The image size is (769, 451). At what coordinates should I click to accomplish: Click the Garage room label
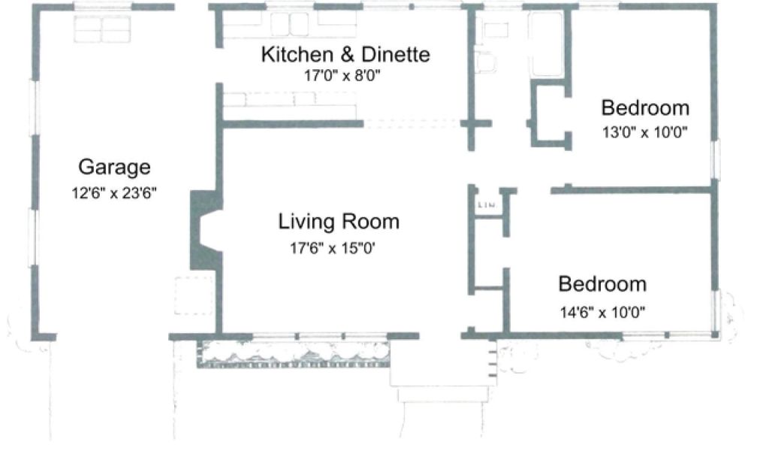click(114, 168)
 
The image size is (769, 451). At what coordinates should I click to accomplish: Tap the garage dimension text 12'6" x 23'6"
click(114, 193)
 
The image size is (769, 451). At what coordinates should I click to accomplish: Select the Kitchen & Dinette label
click(345, 54)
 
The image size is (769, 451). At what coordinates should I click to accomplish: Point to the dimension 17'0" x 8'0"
click(342, 76)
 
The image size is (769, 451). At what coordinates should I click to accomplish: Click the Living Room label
click(339, 221)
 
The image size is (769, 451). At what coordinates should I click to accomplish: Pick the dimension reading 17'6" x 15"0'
click(333, 248)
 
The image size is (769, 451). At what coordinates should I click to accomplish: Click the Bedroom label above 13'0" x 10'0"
click(645, 107)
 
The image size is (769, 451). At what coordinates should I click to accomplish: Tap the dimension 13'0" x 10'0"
click(645, 132)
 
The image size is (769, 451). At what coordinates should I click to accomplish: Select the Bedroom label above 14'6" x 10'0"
click(602, 284)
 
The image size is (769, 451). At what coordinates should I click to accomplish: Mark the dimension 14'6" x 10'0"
click(603, 312)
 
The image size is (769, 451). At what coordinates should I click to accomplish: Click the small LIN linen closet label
click(487, 204)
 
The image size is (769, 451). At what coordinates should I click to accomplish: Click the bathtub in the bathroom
click(546, 44)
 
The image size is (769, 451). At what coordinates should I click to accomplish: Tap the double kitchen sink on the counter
click(290, 24)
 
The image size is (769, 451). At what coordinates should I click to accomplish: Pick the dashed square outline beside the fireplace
click(194, 295)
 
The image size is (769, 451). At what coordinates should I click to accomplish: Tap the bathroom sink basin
click(486, 62)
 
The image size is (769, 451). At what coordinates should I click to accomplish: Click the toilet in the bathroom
click(496, 30)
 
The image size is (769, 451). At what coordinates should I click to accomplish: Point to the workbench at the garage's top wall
click(102, 29)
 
